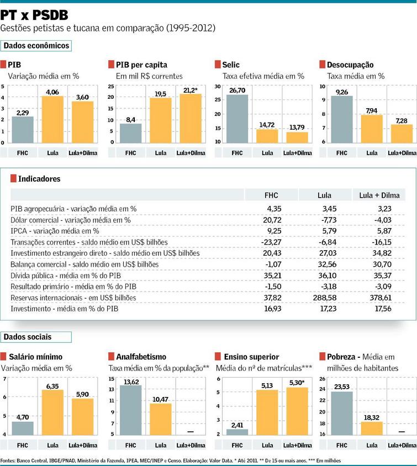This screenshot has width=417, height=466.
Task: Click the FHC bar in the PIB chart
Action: pyautogui.click(x=23, y=130)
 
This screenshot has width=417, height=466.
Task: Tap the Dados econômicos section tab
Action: pyautogui.click(x=36, y=46)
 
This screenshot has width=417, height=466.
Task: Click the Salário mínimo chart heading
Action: pyautogui.click(x=35, y=357)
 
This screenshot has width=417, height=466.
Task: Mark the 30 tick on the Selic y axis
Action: pyautogui.click(x=217, y=87)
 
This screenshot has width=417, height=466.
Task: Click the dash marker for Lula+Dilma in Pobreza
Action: pyautogui.click(x=402, y=431)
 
